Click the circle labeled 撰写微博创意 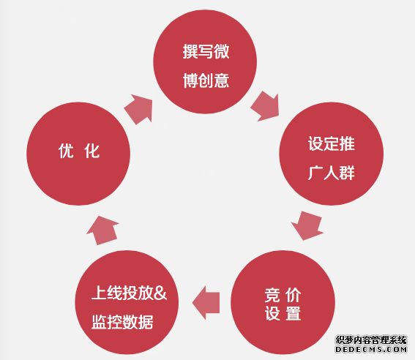tap(205, 62)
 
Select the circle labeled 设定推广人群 tap(331, 154)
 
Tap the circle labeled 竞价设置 tap(283, 302)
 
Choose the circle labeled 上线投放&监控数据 tap(127, 302)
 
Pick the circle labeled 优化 tap(78, 154)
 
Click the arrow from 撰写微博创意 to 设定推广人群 tap(266, 106)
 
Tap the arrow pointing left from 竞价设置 tap(206, 303)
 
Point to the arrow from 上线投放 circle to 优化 tap(102, 230)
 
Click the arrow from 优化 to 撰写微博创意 tap(138, 109)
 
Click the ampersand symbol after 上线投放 tap(160, 293)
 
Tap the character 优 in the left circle tap(66, 151)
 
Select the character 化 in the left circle tap(91, 151)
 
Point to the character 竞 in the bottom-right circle tap(272, 295)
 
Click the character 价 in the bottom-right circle tap(294, 295)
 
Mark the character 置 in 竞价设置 tap(294, 313)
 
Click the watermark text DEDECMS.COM tap(371, 349)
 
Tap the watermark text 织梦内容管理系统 tap(371, 340)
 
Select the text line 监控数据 tap(122, 322)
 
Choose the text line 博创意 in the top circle tap(206, 80)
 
